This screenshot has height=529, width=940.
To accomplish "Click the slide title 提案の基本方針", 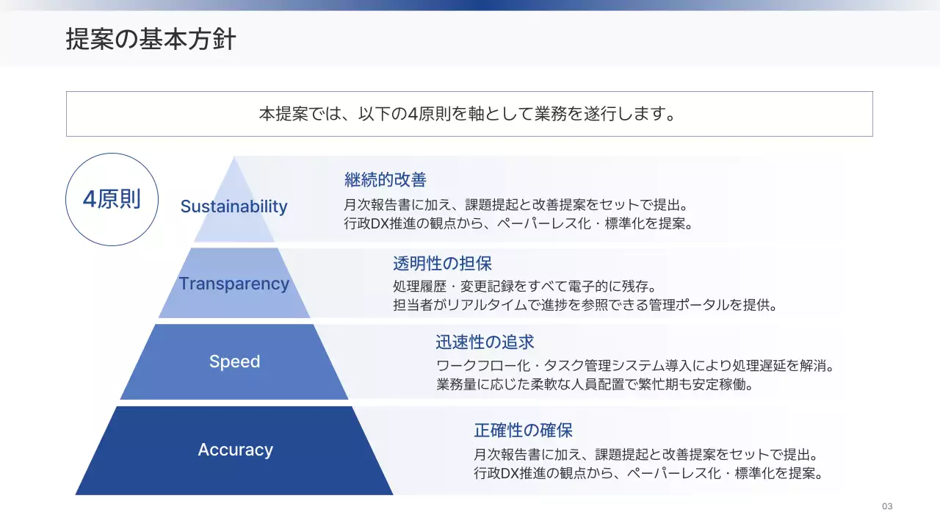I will pos(151,39).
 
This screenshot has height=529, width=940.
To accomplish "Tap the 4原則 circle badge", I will pos(112,199).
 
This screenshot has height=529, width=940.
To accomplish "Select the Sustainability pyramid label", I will pos(234,206).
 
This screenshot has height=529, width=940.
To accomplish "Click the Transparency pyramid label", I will pos(234,284).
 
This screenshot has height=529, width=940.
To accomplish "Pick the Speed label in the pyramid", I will pos(234,361).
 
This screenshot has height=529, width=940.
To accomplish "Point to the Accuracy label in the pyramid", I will pos(235,450).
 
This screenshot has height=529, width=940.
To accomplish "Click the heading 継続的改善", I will pos(385,179).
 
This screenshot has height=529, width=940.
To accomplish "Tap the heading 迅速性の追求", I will pos(485,342).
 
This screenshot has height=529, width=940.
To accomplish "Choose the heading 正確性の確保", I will pos(523,430).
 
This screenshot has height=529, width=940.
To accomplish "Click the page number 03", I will pos(887,506).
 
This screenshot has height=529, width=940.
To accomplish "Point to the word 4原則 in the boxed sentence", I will pos(429,115).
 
